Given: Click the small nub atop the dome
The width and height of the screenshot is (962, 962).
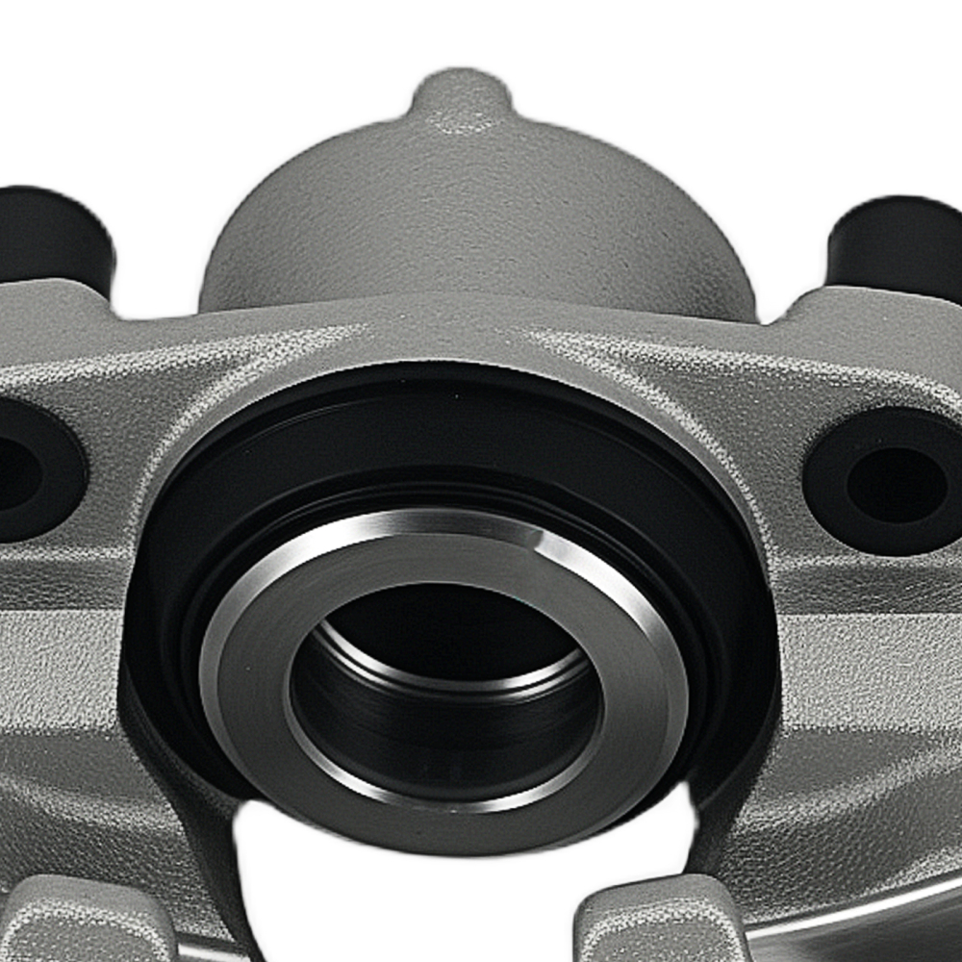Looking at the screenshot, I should [x=461, y=100].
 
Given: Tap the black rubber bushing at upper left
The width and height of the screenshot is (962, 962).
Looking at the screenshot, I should [x=53, y=236].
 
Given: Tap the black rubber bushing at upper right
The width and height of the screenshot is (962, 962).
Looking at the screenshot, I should [x=899, y=245].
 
